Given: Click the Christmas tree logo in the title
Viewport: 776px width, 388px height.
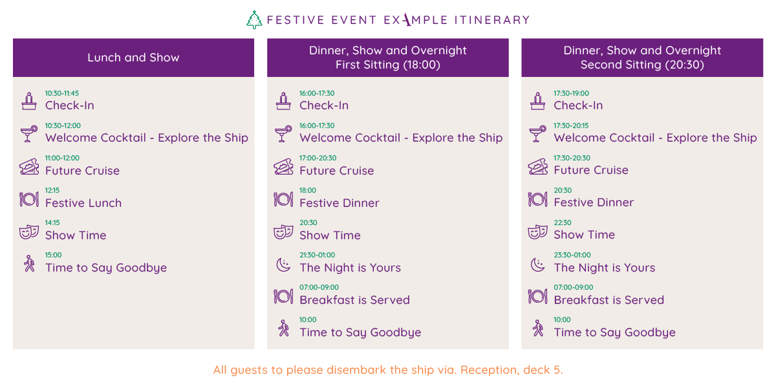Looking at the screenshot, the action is click(254, 20).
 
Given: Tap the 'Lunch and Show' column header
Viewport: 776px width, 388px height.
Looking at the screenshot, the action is click(133, 58).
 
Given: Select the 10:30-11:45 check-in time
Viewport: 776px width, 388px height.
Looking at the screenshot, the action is click(62, 93).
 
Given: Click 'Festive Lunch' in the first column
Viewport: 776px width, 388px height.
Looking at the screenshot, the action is click(83, 202).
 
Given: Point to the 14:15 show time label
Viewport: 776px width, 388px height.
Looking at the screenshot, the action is click(52, 222).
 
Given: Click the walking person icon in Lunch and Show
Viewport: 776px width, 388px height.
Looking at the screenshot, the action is click(30, 264).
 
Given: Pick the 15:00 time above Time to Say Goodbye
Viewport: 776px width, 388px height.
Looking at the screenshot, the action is click(53, 255).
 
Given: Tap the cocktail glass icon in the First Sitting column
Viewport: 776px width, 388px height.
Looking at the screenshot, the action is click(283, 134).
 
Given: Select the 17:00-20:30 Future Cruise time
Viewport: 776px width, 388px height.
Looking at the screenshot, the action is click(318, 158).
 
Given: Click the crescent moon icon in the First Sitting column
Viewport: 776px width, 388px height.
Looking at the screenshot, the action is click(283, 265).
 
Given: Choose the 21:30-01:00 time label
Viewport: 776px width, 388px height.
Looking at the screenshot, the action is click(318, 255).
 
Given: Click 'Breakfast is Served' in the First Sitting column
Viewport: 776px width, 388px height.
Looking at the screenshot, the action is click(355, 299).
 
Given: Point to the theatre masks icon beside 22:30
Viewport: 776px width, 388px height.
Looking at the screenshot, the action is click(537, 232).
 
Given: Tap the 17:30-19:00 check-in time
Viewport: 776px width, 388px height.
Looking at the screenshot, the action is click(571, 93).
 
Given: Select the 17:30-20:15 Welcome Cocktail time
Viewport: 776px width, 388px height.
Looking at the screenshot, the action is click(571, 125).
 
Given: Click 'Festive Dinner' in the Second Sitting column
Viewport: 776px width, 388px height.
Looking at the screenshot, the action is click(594, 202).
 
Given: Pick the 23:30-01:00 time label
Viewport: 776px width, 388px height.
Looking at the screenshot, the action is click(572, 255).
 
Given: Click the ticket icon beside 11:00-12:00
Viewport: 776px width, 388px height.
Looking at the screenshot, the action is click(29, 167).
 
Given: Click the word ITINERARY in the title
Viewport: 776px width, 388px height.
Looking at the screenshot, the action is click(492, 20).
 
